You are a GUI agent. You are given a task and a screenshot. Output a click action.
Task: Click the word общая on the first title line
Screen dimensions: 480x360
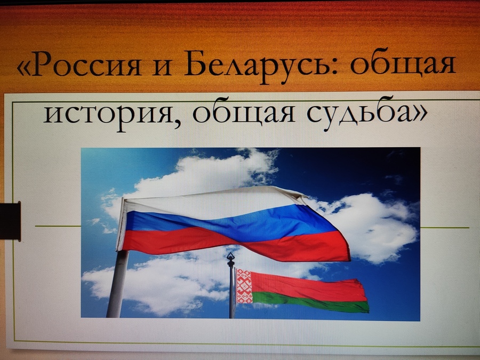(403, 63)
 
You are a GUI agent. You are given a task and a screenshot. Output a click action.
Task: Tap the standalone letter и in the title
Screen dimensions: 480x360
(162, 67)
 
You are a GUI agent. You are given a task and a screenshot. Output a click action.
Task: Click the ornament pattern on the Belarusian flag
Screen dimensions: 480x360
(244, 286)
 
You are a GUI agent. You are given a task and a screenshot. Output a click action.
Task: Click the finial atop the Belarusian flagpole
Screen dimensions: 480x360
(230, 260)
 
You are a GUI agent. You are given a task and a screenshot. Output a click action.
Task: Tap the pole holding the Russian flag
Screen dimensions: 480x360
(118, 283)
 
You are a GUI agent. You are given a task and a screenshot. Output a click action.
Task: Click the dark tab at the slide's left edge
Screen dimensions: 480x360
(10, 221)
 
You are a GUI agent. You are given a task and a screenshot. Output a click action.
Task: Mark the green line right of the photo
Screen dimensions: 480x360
(444, 228)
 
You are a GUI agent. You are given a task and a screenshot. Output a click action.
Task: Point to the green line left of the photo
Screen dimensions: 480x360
(58, 226)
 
